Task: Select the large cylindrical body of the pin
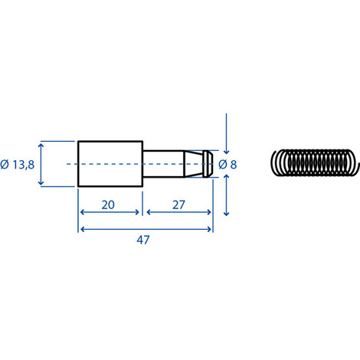click(110, 164)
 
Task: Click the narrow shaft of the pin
click(162, 164)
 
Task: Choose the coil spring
click(314, 163)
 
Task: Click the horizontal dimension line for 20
click(110, 214)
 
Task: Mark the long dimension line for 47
click(146, 228)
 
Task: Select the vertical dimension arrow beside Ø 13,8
click(41, 164)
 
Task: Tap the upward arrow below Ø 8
click(227, 195)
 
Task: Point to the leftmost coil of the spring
click(277, 164)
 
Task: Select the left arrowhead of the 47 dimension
click(82, 228)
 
